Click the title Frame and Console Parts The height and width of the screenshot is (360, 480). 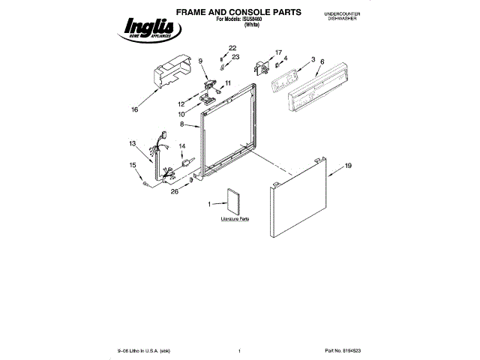click(229, 13)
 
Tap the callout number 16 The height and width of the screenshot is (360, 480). click(135, 109)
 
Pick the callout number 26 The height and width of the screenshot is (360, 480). click(175, 191)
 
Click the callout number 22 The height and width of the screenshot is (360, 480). click(232, 48)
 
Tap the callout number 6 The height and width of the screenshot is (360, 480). click(322, 61)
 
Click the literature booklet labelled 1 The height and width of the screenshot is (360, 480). click(232, 201)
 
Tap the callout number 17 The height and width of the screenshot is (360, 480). click(278, 52)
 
